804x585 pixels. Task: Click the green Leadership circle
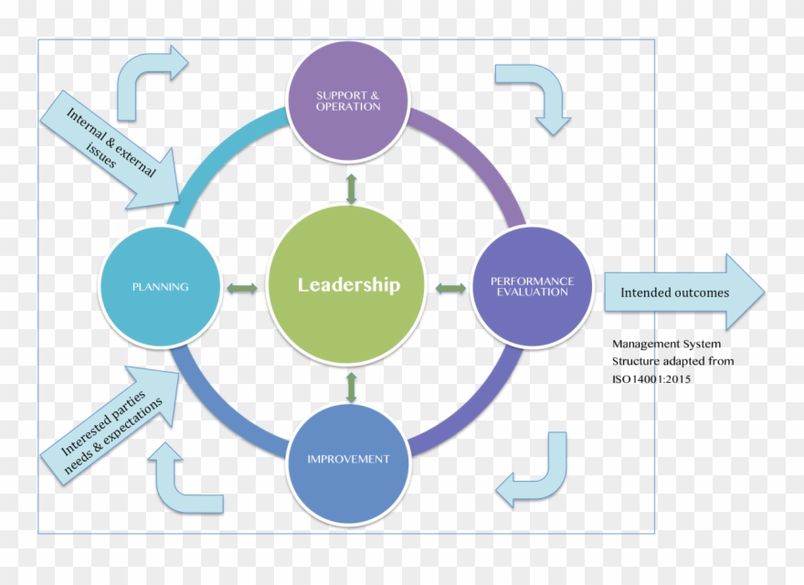click(347, 285)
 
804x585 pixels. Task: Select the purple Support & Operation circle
click(348, 101)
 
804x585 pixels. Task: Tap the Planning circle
click(161, 287)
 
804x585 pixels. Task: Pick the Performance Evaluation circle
click(532, 287)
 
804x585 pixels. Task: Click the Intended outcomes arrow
click(684, 292)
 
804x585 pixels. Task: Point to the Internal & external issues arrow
click(111, 150)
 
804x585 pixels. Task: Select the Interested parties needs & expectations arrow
click(111, 425)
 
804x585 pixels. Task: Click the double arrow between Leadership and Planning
click(242, 288)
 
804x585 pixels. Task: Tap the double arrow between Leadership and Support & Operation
click(351, 189)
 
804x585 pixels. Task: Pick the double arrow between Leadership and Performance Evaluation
click(450, 288)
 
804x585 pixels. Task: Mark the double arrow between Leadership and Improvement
click(351, 387)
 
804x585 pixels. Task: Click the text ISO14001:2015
click(651, 379)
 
